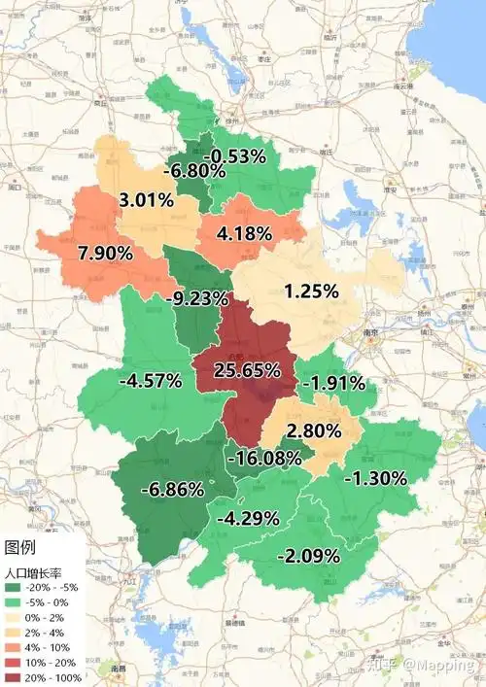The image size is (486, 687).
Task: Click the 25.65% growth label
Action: (249, 370)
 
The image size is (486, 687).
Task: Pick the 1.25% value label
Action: (311, 291)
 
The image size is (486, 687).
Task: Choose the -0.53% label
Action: (238, 155)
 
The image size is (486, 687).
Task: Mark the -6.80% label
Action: (195, 171)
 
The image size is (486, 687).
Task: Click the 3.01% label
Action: (147, 201)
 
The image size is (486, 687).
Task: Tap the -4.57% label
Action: (150, 380)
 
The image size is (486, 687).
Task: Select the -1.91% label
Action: (333, 383)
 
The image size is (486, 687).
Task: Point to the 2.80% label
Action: (314, 430)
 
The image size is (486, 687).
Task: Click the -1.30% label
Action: (374, 477)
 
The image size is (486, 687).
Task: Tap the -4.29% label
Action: (248, 518)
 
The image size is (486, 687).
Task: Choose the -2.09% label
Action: (308, 556)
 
